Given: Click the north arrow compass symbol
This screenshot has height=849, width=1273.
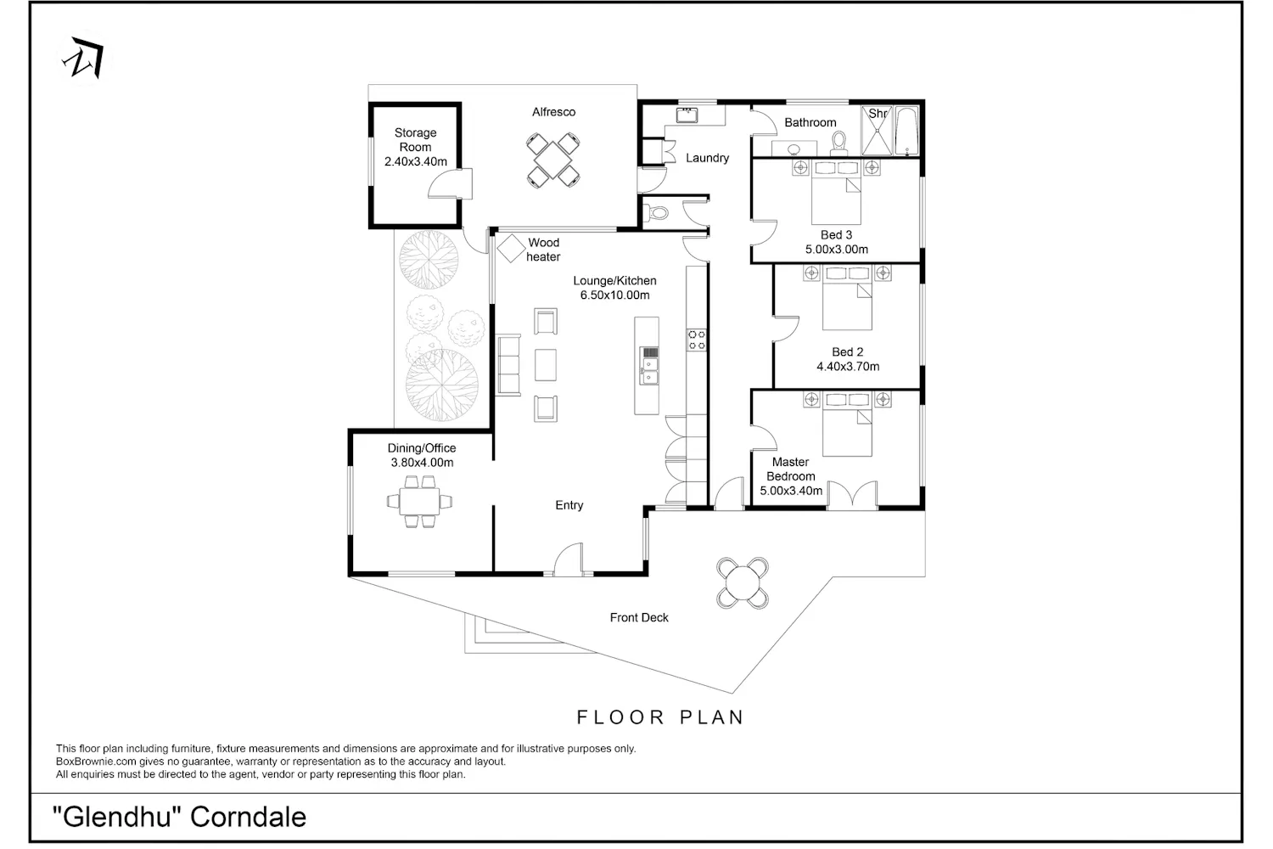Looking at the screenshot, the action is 84,58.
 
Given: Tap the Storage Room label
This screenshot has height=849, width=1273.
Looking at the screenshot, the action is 416,140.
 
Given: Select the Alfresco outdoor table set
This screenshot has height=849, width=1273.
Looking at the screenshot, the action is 553,160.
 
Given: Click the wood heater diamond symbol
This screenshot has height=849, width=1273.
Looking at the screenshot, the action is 511,249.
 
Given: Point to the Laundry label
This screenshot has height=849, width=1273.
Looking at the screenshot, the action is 707,158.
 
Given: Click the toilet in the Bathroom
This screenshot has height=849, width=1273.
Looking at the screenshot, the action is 838,143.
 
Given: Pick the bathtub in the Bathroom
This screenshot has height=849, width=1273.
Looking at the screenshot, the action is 907,131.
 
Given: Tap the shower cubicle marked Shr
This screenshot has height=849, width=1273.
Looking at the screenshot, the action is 877,130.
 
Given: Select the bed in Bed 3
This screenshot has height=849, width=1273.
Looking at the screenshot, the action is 836,192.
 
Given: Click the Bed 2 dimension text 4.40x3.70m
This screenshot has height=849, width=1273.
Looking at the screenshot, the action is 848,367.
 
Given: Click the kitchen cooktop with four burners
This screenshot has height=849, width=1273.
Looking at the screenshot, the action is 697,340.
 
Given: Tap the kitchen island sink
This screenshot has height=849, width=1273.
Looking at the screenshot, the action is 649,366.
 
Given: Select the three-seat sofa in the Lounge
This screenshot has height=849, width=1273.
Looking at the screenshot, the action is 508,364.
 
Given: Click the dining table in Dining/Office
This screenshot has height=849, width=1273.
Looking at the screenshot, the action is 419,502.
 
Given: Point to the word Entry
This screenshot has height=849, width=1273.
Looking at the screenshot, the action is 569,505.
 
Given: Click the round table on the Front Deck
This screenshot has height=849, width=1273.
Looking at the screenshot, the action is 743,583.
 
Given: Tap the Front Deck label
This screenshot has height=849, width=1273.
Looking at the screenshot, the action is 639,617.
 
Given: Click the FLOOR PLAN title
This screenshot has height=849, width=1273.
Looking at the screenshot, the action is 659,717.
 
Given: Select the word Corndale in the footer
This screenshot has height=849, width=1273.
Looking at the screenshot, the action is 248,817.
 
